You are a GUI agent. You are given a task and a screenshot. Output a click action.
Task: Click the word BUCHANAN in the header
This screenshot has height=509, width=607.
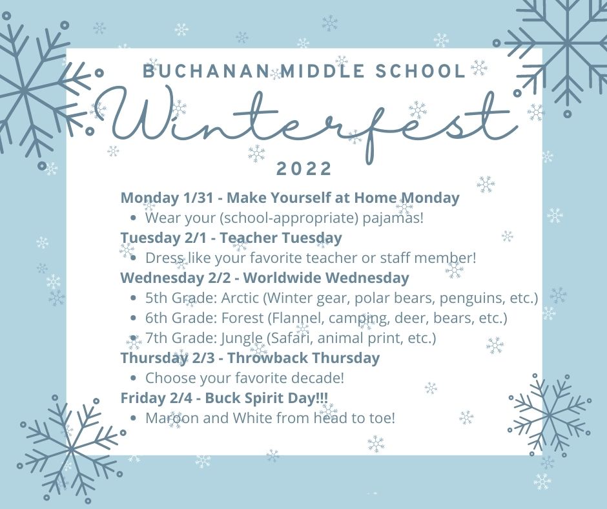click(x=206, y=72)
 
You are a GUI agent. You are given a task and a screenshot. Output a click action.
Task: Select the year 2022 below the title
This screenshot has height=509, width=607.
click(x=304, y=169)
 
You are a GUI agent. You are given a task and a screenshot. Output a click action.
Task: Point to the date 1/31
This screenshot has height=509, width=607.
click(x=199, y=198)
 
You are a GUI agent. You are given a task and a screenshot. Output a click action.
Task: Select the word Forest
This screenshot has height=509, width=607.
click(x=242, y=318)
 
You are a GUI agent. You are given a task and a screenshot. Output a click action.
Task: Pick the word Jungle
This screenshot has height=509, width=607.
click(x=242, y=338)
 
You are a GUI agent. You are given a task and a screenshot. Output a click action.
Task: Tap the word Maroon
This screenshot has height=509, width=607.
click(x=172, y=419)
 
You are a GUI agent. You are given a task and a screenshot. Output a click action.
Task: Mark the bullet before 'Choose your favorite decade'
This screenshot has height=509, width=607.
click(x=133, y=379)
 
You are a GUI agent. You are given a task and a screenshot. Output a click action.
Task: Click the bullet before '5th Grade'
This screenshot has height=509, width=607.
click(x=133, y=298)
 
